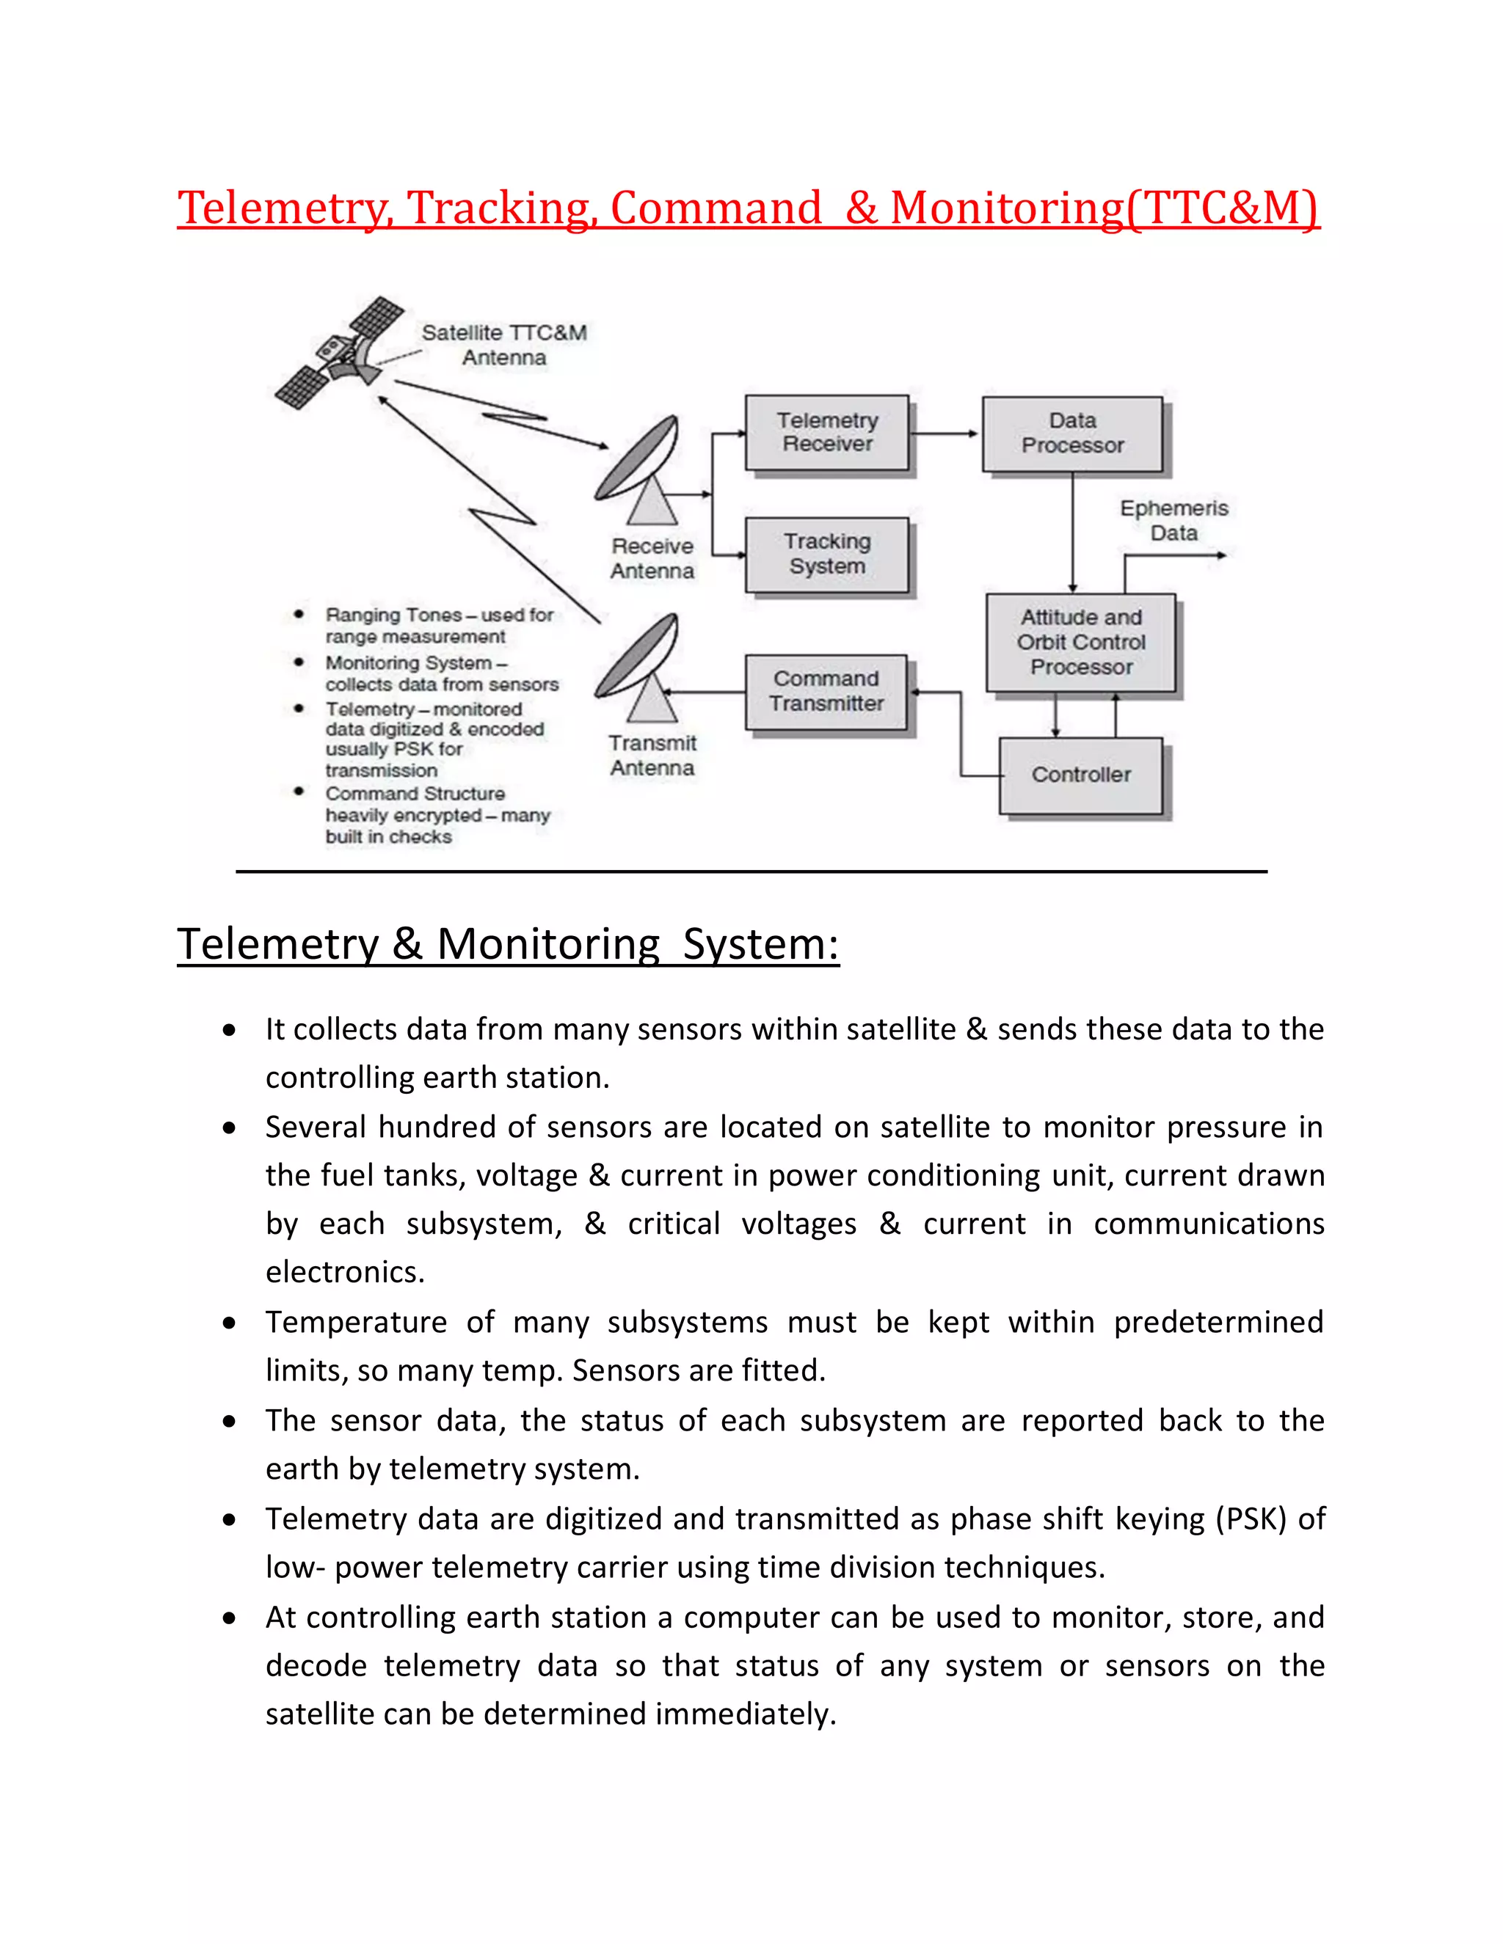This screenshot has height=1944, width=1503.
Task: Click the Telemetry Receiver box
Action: [826, 433]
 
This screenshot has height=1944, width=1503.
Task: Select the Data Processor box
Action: [1072, 434]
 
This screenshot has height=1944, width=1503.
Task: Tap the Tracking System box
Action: [826, 555]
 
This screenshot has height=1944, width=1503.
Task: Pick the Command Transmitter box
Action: [826, 692]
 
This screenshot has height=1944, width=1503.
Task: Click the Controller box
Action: [1080, 775]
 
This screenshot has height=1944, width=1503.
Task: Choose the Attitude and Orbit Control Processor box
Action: [1080, 642]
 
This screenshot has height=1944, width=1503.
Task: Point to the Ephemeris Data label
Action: [1173, 521]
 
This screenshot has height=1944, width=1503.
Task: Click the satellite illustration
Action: [338, 354]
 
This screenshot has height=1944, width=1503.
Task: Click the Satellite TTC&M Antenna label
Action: [504, 346]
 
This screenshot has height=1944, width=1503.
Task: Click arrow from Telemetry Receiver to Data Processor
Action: [944, 434]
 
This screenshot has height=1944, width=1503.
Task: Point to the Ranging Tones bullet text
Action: [438, 626]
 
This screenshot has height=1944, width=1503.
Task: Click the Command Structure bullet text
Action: [437, 814]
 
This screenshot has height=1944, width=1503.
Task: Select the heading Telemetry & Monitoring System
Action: [508, 944]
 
